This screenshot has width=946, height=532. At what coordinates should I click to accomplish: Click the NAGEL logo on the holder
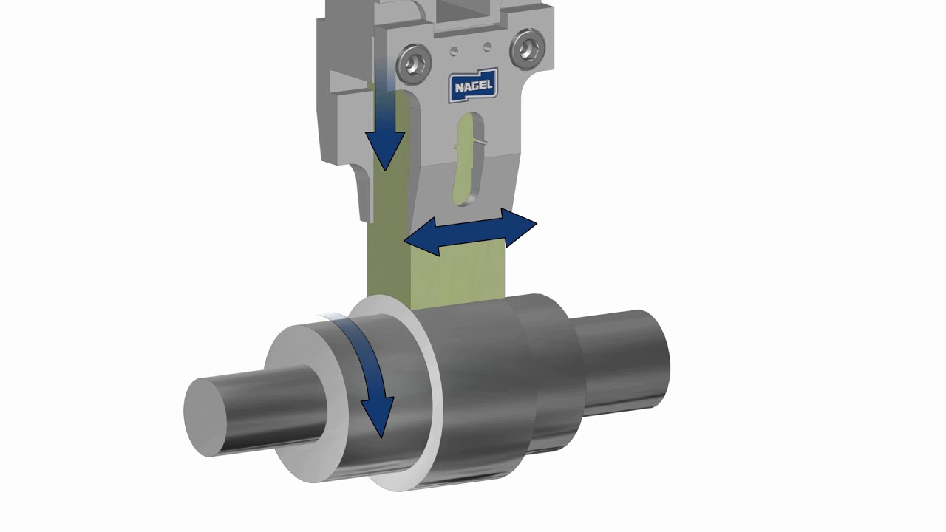coord(474,86)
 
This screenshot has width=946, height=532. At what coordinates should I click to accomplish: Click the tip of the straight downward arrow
coord(385,170)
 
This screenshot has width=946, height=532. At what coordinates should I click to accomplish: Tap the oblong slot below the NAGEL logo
coord(469,160)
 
